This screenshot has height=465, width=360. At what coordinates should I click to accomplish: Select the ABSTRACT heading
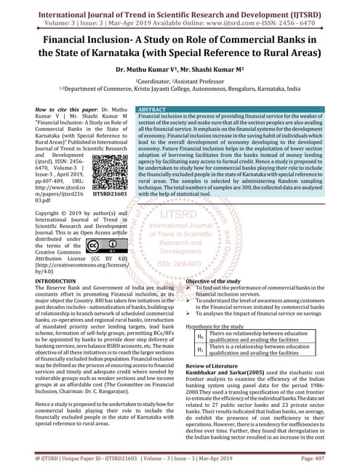(x=155, y=108)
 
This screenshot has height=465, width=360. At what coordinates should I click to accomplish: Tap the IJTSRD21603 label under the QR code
(x=111, y=195)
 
